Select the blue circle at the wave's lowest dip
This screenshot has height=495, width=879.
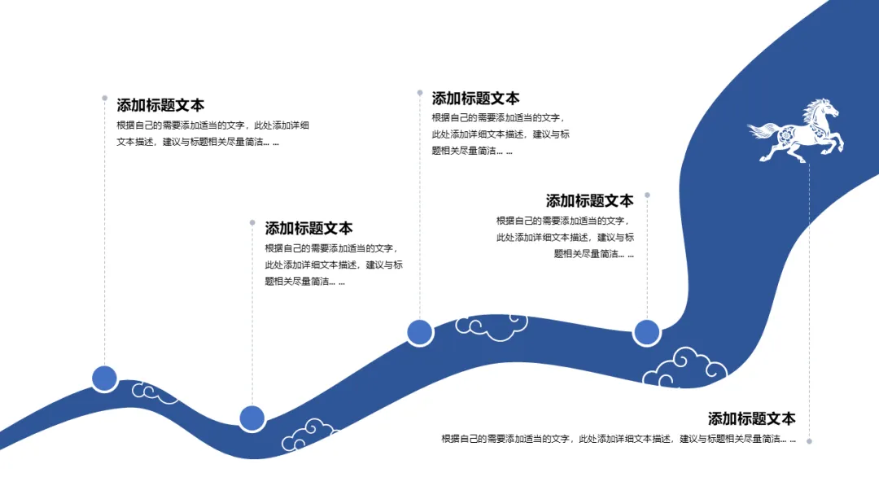tap(252, 418)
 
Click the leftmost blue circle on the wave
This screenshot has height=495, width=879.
tap(104, 379)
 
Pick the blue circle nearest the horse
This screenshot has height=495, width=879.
tap(646, 332)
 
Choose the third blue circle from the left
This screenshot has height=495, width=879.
tap(419, 331)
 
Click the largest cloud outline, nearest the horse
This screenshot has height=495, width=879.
tap(684, 368)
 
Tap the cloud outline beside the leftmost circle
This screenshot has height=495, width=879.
tap(155, 392)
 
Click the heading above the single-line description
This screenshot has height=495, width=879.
tap(751, 418)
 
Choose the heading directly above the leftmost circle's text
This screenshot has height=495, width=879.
tap(160, 105)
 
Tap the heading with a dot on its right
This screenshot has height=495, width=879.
tap(589, 200)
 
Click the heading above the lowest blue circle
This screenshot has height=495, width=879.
tap(308, 228)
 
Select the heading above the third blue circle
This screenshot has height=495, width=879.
tap(475, 99)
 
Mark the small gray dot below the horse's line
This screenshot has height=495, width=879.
tap(809, 441)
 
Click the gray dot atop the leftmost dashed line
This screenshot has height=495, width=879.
tap(104, 98)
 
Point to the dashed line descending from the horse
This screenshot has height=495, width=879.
tap(809, 301)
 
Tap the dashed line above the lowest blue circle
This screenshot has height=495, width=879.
tap(252, 326)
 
